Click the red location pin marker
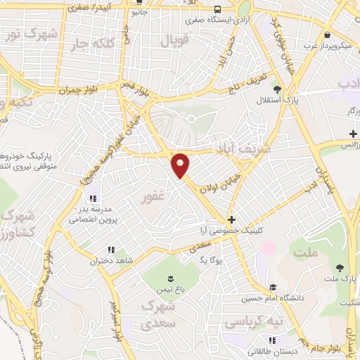[x=181, y=165]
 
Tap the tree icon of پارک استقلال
[x=277, y=89]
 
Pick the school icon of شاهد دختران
[x=110, y=249]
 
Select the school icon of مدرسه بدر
[x=93, y=197]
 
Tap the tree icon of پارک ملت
[x=340, y=268]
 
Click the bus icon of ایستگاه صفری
[x=217, y=10]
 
